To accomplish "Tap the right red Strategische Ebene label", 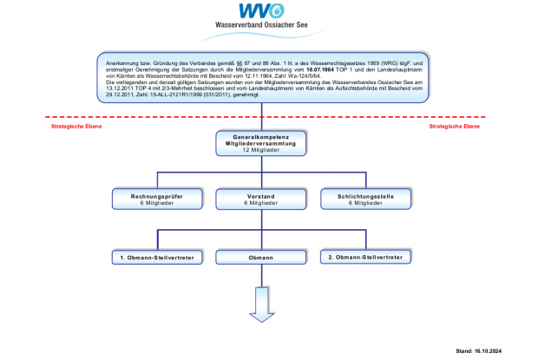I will (x=456, y=126).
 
